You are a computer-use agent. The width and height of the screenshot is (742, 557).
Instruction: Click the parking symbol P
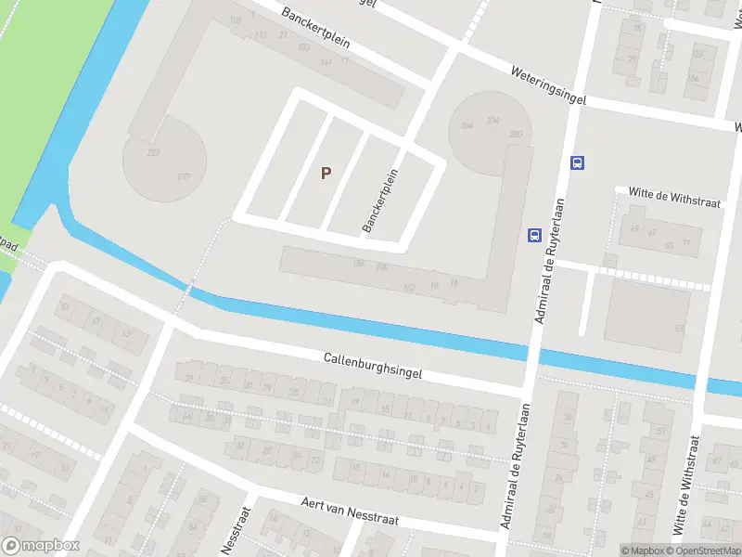click(326, 173)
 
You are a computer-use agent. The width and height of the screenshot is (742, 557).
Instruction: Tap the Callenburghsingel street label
click(373, 364)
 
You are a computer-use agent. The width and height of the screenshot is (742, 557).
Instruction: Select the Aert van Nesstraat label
click(350, 512)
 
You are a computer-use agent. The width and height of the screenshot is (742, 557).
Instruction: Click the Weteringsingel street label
click(548, 84)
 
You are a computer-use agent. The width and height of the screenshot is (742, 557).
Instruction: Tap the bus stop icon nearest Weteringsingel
click(577, 163)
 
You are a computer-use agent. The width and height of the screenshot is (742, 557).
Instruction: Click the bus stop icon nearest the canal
click(534, 235)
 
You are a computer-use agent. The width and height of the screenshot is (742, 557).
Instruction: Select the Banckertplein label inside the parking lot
click(380, 200)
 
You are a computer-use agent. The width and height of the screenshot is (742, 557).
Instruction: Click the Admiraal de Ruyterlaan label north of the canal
click(550, 270)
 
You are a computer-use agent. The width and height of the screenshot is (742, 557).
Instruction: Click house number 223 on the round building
click(153, 152)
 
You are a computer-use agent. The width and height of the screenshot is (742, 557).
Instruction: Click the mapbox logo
click(42, 546)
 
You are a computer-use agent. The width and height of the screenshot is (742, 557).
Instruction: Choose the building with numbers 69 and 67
click(649, 232)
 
